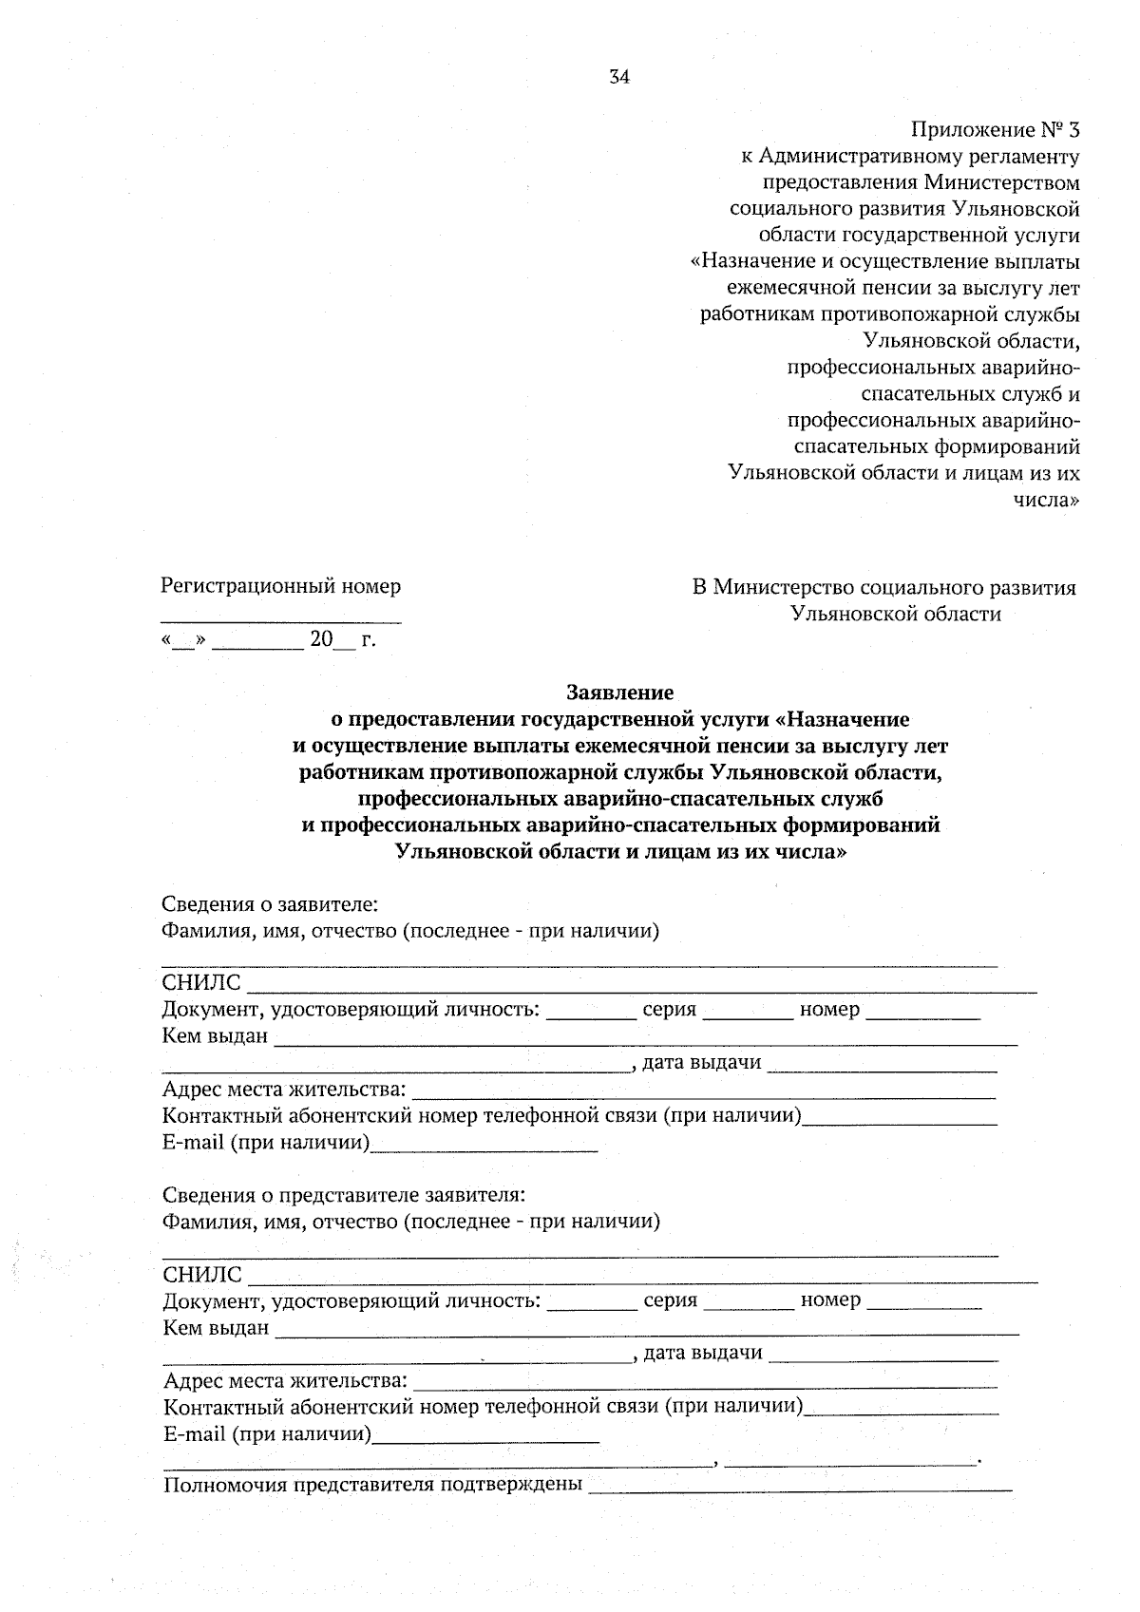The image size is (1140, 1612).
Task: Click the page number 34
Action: click(x=618, y=78)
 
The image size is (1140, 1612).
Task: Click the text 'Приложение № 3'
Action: click(x=995, y=129)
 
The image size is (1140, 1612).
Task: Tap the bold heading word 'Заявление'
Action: click(x=619, y=692)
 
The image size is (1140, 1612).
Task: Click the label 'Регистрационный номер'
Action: click(x=281, y=586)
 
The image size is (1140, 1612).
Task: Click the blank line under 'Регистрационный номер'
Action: click(x=281, y=621)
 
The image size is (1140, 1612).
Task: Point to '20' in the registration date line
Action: click(x=321, y=639)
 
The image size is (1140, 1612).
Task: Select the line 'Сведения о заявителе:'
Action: click(x=270, y=903)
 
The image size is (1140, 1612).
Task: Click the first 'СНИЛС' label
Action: click(x=201, y=983)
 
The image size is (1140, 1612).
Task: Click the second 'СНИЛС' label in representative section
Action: click(x=202, y=1275)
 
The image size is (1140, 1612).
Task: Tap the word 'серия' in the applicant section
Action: click(x=669, y=1010)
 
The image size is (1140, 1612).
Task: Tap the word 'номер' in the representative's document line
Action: click(x=830, y=1300)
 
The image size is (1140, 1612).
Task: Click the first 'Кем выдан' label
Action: click(x=215, y=1036)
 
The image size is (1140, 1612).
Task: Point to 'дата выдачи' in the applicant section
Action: click(x=702, y=1063)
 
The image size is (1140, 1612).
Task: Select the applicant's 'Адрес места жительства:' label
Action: click(x=284, y=1090)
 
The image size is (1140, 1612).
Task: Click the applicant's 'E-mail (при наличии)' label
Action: click(x=265, y=1143)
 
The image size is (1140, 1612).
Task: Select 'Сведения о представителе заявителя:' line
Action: click(x=344, y=1195)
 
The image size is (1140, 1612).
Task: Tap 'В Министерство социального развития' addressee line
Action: click(x=883, y=588)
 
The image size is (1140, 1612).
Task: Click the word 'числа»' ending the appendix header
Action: click(x=1047, y=500)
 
